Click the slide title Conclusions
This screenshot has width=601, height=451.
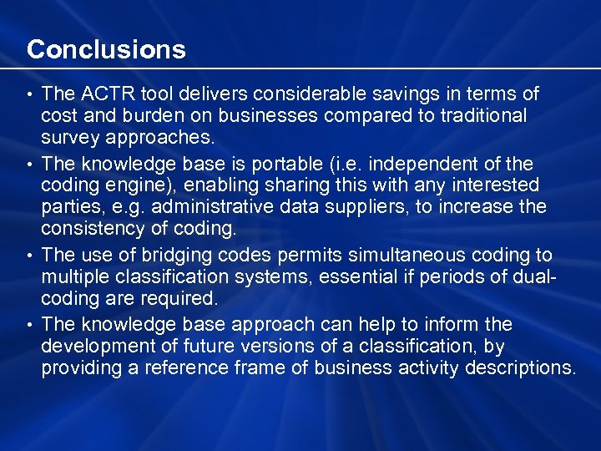pos(106,49)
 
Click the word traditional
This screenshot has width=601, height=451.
pos(476,115)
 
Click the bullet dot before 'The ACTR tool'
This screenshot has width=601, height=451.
pos(30,94)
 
